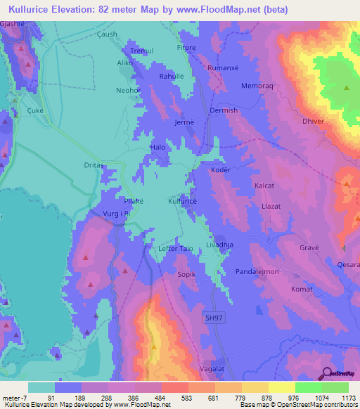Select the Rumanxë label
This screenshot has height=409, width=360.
click(x=224, y=67)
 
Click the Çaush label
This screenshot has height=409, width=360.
click(x=107, y=34)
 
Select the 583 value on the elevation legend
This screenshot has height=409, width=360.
click(x=174, y=399)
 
